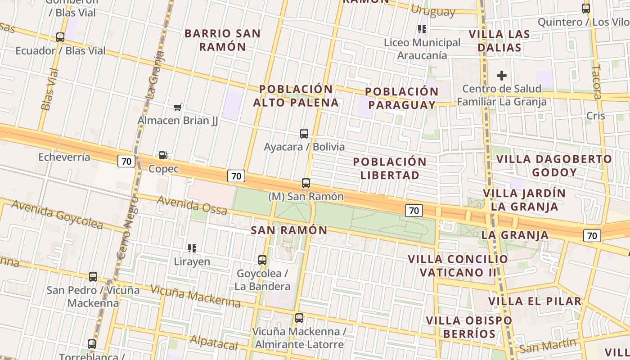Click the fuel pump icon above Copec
click(163, 155)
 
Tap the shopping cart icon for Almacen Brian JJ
click(178, 107)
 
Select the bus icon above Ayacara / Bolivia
click(304, 133)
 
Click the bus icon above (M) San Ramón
click(306, 183)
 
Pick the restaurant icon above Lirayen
click(192, 248)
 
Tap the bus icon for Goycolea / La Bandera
click(262, 260)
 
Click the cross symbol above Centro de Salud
click(502, 75)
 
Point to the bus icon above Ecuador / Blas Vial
click(60, 37)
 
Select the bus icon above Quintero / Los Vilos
click(586, 8)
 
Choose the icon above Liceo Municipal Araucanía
click(422, 29)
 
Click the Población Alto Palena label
click(296, 96)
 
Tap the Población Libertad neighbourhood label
click(390, 168)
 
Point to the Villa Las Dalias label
click(499, 41)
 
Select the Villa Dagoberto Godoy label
click(554, 166)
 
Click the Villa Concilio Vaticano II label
click(458, 265)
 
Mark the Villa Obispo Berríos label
click(469, 327)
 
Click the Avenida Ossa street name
click(192, 205)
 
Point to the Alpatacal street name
click(214, 342)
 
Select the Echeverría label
click(64, 157)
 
